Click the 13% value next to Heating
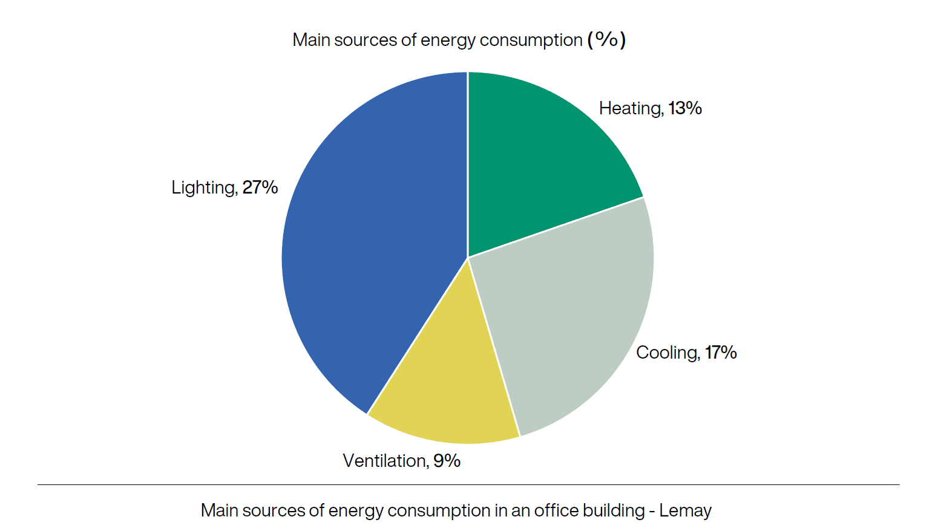pos(685,108)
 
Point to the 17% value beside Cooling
pos(721,353)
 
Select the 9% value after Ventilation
pos(447,461)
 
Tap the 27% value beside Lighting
pos(260,187)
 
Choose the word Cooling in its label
pos(667,353)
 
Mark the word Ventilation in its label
pos(385,461)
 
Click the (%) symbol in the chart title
pos(606,40)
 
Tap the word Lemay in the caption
pos(685,510)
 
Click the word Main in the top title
pos(311,40)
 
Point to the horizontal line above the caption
pos(468,484)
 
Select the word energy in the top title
pos(447,40)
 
